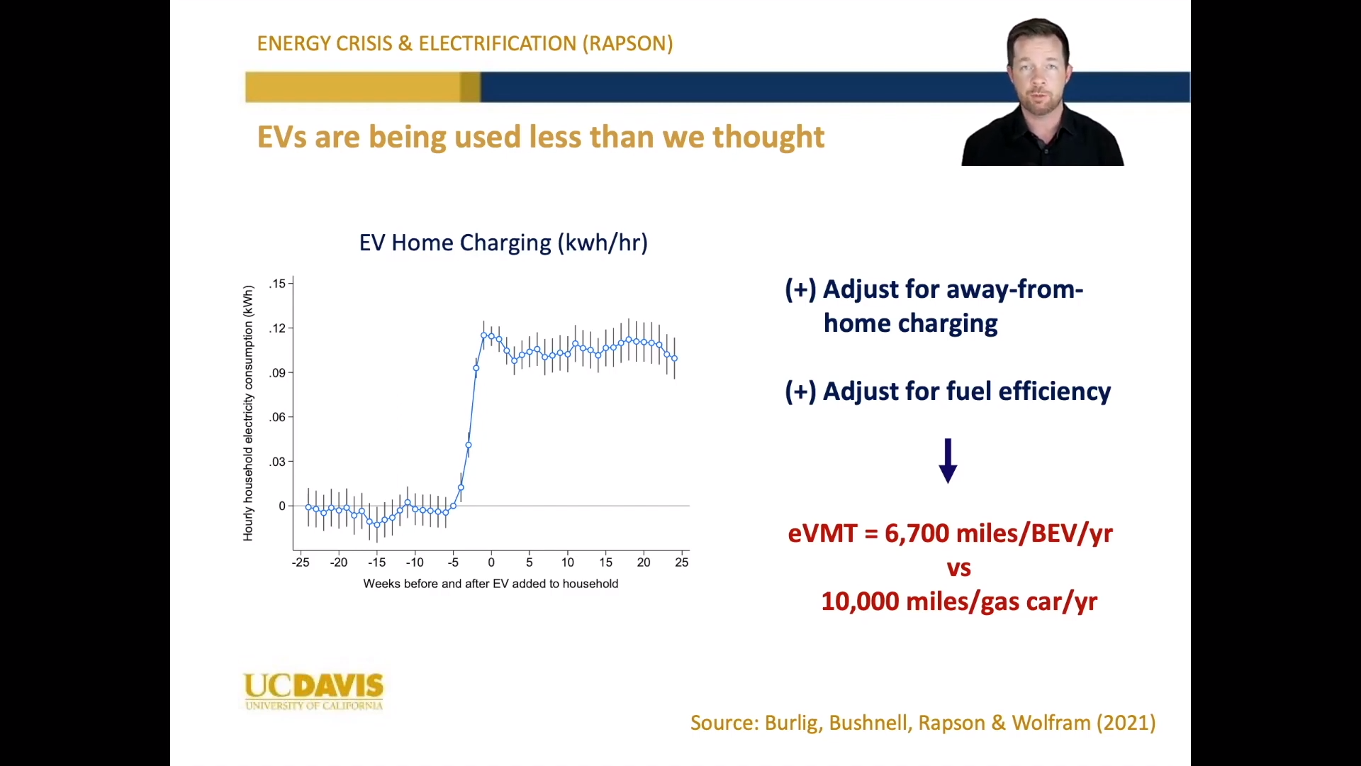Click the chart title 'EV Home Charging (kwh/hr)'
503,243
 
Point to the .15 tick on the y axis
277,284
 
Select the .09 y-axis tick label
277,373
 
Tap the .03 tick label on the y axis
277,462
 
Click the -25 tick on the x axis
301,562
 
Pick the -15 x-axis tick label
376,562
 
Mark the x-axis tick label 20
644,562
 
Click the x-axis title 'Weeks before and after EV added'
491,584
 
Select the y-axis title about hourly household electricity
248,413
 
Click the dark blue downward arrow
948,461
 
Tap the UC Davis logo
313,691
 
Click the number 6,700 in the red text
917,533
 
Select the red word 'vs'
959,568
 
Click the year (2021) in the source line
1126,723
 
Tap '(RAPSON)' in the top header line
628,44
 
